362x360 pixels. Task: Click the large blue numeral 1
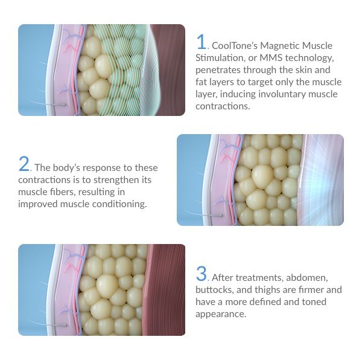click(202, 42)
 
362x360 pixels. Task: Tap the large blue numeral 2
click(24, 164)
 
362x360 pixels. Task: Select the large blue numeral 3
click(202, 274)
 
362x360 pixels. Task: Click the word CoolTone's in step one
click(234, 45)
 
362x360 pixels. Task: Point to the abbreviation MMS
click(271, 57)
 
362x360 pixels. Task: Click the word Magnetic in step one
click(279, 46)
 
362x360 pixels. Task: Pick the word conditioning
click(119, 204)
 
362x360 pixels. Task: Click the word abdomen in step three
click(307, 277)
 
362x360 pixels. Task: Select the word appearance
click(221, 314)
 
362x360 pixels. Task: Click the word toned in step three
click(313, 302)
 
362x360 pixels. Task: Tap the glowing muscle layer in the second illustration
click(320, 180)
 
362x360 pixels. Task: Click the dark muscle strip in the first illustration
click(170, 70)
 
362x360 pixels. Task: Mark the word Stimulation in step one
click(220, 58)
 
